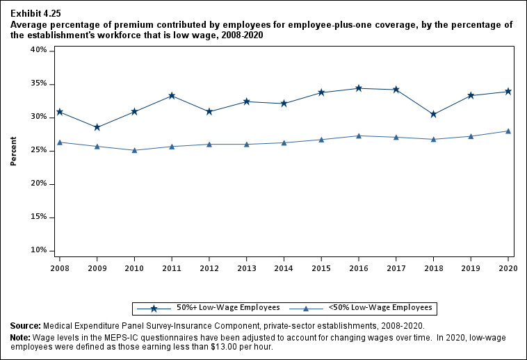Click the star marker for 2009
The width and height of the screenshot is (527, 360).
click(x=97, y=127)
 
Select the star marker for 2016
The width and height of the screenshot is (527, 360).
click(x=359, y=88)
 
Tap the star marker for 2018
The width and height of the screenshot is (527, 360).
click(x=433, y=114)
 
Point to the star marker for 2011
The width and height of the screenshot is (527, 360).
click(x=172, y=95)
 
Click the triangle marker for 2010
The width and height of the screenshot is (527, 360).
click(x=134, y=150)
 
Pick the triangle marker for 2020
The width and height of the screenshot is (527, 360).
click(x=508, y=131)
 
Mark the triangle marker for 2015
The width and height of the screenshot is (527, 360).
click(x=321, y=140)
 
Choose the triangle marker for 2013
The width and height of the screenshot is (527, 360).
click(x=246, y=144)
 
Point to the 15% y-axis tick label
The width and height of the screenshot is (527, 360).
click(x=38, y=217)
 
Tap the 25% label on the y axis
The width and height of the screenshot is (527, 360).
click(x=38, y=150)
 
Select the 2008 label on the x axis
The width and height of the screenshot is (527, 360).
click(x=59, y=267)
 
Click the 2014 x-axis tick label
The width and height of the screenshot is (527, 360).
click(x=284, y=267)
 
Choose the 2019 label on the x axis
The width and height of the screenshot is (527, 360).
click(x=471, y=267)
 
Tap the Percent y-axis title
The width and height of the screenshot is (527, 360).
click(x=14, y=150)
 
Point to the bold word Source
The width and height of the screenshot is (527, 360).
click(x=24, y=326)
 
